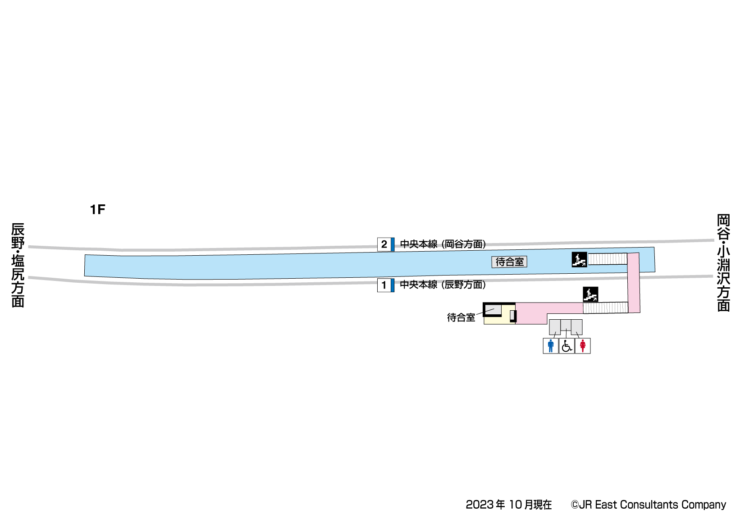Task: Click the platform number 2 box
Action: tap(384, 244)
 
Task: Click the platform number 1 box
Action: tap(384, 285)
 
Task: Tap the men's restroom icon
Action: tap(550, 346)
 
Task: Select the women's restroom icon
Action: tap(583, 346)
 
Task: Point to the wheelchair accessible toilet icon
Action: tap(566, 346)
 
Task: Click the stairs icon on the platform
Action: tap(579, 259)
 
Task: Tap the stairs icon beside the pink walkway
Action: tap(590, 294)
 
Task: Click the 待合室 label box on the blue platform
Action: tap(509, 262)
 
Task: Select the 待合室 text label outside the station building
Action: tap(461, 317)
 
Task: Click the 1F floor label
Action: tap(97, 210)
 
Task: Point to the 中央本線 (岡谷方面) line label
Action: tap(443, 244)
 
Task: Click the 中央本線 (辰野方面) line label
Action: tap(443, 285)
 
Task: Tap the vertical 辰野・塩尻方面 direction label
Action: tap(18, 265)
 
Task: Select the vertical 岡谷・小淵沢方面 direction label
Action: tap(723, 263)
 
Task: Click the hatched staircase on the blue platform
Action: tap(608, 259)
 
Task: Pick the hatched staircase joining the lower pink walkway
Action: tap(605, 308)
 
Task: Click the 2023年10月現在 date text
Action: tap(508, 505)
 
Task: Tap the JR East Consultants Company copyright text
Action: tap(648, 505)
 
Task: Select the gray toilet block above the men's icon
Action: tap(555, 327)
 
